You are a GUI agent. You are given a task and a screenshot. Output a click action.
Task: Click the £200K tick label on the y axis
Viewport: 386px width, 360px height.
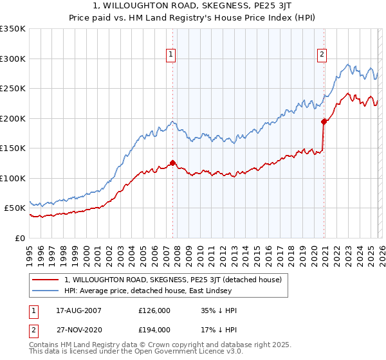coord(13,118)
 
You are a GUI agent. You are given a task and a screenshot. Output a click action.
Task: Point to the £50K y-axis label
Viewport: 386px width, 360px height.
coord(15,208)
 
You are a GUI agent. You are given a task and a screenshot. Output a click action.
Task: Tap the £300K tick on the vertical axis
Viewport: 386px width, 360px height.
coord(13,59)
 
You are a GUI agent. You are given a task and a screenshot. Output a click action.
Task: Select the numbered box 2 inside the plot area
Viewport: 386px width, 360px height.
coord(322,55)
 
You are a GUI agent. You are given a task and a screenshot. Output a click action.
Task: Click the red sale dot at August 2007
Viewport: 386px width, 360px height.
coord(172,163)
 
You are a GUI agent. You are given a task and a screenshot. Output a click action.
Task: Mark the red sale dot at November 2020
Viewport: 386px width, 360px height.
coord(324,121)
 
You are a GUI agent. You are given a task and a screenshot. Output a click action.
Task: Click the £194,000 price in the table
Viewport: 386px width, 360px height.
coord(154,330)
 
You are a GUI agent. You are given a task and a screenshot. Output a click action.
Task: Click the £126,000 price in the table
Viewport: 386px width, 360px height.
coord(154,310)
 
